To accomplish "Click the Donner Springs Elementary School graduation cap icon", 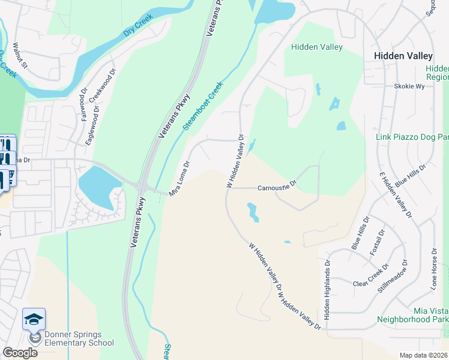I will click(34, 319).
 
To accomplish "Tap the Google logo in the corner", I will click(20, 353).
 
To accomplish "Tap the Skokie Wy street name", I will click(409, 86).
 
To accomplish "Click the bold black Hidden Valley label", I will click(399, 55).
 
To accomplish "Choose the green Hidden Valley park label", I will click(316, 47).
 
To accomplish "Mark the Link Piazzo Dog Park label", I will click(412, 137).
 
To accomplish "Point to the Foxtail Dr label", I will click(377, 242).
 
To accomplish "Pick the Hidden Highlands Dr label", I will click(328, 289).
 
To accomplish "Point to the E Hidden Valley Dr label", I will click(396, 194).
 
